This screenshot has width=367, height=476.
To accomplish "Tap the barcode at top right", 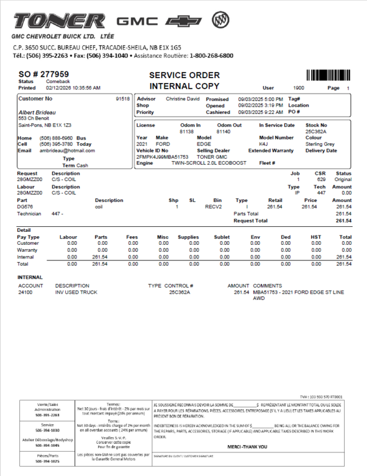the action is pos(328,76).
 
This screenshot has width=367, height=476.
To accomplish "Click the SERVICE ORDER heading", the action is pos(184,75).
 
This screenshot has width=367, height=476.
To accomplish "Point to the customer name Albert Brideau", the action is pos(37,112).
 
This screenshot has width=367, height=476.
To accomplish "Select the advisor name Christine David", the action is pos(183,99).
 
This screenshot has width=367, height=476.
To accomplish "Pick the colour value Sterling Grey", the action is pos(320,144).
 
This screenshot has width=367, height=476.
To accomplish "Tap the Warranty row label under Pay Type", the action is pos(27,250).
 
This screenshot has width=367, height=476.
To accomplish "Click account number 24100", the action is pos(26,291).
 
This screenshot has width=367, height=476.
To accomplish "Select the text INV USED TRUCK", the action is pos(76,291).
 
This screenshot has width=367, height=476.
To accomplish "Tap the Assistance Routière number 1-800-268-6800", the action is pos(211,55).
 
